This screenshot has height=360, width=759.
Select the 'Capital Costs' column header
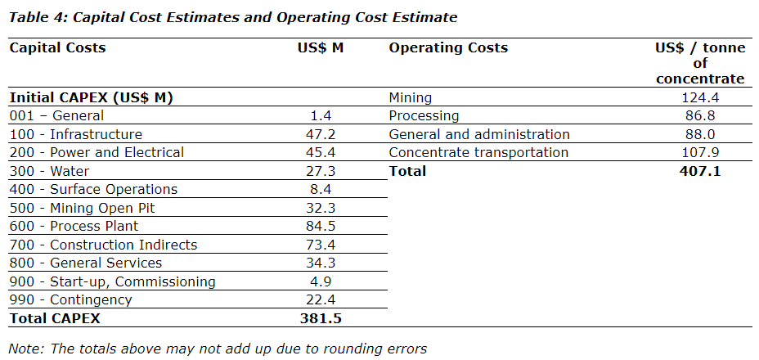click(x=57, y=47)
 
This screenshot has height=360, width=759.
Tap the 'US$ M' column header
click(x=321, y=47)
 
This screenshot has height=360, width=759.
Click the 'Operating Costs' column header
click(x=448, y=47)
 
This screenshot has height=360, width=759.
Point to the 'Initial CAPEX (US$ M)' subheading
click(x=91, y=97)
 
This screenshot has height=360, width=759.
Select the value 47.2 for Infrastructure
click(x=320, y=134)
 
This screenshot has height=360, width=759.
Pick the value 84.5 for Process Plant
click(x=320, y=226)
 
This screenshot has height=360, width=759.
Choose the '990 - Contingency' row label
click(x=70, y=299)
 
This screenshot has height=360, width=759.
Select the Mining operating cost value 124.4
click(x=704, y=98)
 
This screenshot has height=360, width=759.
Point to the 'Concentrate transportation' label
click(x=478, y=152)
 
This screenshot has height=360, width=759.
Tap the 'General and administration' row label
click(x=479, y=134)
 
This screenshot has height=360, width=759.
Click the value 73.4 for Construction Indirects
click(x=320, y=245)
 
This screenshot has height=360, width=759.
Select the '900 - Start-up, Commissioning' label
click(x=112, y=281)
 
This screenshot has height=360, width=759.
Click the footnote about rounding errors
click(x=218, y=349)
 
